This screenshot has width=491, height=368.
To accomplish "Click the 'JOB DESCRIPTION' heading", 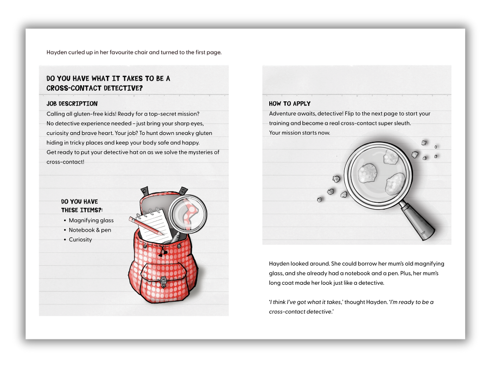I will [72, 104].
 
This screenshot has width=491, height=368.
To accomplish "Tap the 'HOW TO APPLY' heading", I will [290, 104].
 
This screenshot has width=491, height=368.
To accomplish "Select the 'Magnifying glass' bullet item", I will [91, 221].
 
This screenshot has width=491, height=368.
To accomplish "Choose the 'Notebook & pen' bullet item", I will [90, 230].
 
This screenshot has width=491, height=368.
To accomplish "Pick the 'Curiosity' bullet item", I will [80, 240].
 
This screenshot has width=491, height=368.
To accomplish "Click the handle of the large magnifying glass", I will [417, 222].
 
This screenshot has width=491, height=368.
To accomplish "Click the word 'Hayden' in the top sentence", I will [56, 53].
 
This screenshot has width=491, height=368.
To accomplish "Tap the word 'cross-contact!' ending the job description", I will [65, 162].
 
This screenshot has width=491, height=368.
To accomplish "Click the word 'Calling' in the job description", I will [55, 114].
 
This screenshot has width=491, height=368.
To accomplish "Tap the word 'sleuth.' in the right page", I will [402, 123].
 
